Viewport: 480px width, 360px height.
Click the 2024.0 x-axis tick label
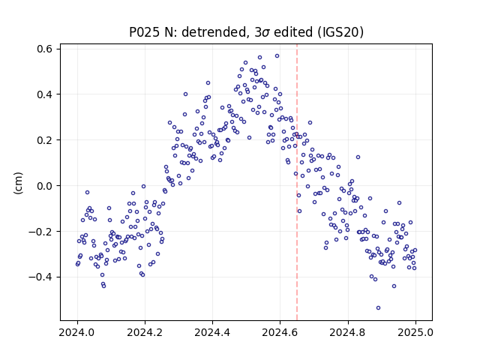click(77, 332)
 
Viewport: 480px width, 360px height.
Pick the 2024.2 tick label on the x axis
click(145, 332)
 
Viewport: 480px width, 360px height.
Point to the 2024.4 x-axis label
click(212, 332)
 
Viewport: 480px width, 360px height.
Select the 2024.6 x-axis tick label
click(280, 332)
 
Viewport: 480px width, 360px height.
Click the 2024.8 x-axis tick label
click(348, 332)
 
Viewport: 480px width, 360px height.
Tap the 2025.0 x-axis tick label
click(415, 332)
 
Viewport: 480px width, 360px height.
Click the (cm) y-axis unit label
click(18, 183)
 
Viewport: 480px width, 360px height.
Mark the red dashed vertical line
click(297, 182)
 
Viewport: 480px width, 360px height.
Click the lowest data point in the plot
click(378, 308)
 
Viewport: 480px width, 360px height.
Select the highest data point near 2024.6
click(277, 56)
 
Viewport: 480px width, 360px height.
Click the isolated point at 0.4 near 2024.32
click(185, 94)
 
